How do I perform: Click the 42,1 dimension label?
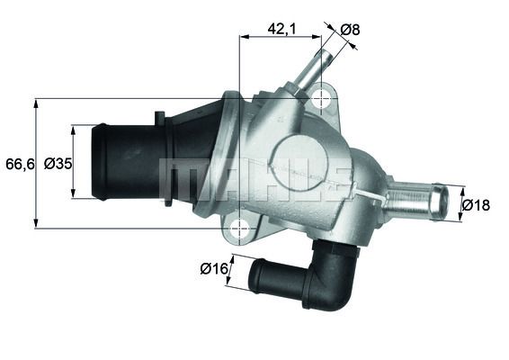(282, 29)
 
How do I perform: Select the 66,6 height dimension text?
(17, 163)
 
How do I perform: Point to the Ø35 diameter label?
(58, 163)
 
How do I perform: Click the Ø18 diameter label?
(476, 204)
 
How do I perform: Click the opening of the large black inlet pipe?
(100, 162)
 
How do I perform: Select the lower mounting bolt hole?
(238, 229)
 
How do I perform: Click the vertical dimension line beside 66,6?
(36, 163)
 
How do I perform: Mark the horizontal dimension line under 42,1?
(280, 38)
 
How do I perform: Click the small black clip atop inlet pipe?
(159, 117)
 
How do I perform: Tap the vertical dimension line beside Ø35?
(74, 163)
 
